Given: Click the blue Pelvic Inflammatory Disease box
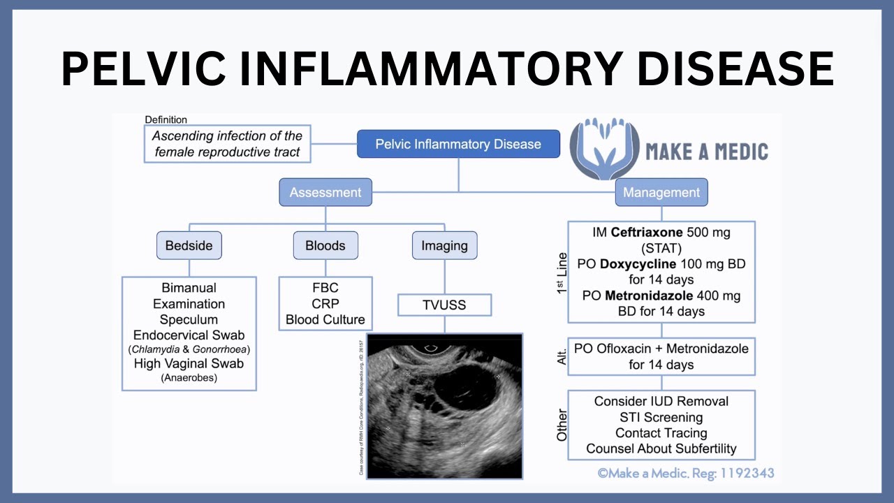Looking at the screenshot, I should click(458, 144).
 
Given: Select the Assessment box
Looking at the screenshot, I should click(325, 192).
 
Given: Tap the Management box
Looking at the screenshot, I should click(661, 192).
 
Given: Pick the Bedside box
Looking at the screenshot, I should click(189, 245).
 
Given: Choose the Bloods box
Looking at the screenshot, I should click(325, 245).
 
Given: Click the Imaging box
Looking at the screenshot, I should click(444, 245).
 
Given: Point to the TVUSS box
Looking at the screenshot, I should click(444, 305).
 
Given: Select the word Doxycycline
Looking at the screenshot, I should click(638, 264).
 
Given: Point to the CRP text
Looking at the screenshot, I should click(325, 303).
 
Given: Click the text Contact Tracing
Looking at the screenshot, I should click(661, 433).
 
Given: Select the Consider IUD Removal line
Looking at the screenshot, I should click(661, 401).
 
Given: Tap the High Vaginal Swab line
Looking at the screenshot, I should click(189, 363).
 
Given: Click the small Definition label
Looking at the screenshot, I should click(166, 119).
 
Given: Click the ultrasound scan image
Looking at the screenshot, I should click(444, 405).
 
